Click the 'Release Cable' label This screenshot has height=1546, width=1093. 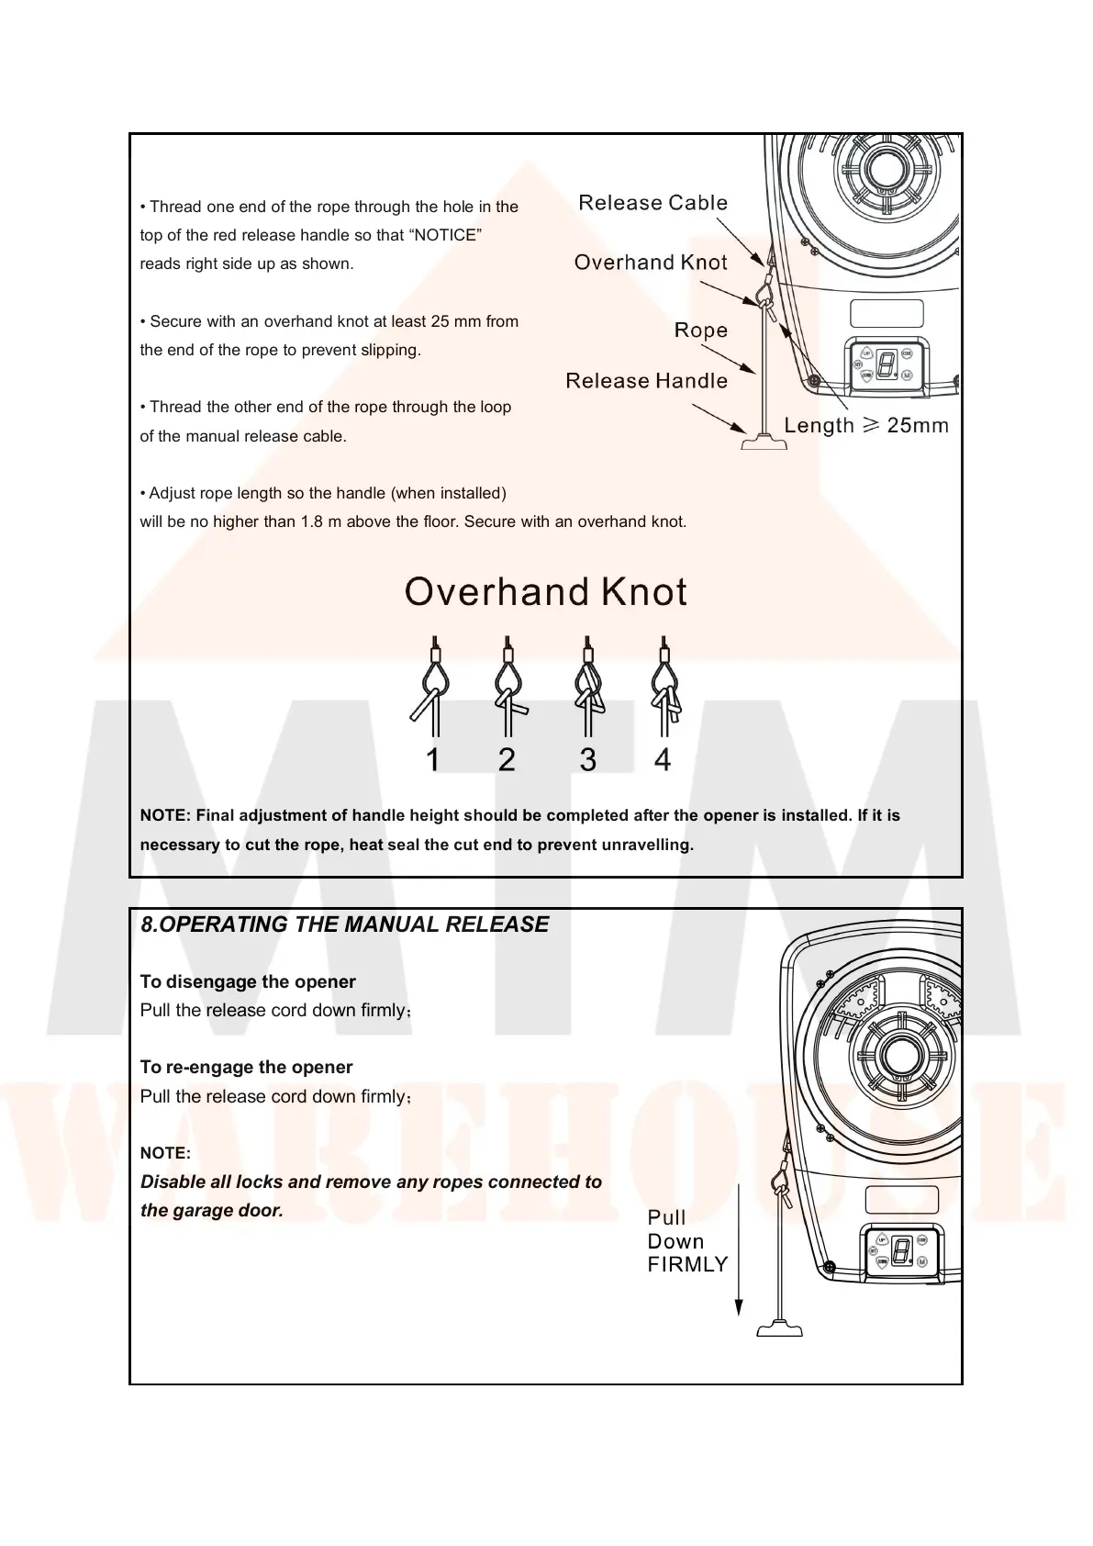[x=652, y=203]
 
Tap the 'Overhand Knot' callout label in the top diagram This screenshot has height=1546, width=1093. [x=651, y=263]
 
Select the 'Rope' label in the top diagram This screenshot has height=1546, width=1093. [x=701, y=330]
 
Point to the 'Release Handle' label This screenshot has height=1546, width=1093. [x=646, y=381]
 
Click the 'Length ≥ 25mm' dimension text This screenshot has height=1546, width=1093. [x=866, y=425]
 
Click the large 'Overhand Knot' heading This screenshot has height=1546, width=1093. [x=546, y=592]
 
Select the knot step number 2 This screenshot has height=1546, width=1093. [x=507, y=760]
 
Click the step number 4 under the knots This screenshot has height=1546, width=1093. [x=663, y=760]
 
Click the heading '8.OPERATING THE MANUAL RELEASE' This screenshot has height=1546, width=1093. [x=345, y=924]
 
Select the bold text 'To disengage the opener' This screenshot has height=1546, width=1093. [x=248, y=981]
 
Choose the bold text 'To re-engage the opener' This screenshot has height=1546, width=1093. [x=246, y=1067]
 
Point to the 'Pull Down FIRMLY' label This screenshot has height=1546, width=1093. [x=686, y=1241]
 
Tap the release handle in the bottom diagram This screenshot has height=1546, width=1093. [x=779, y=1328]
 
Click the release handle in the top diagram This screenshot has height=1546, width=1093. [x=764, y=443]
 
